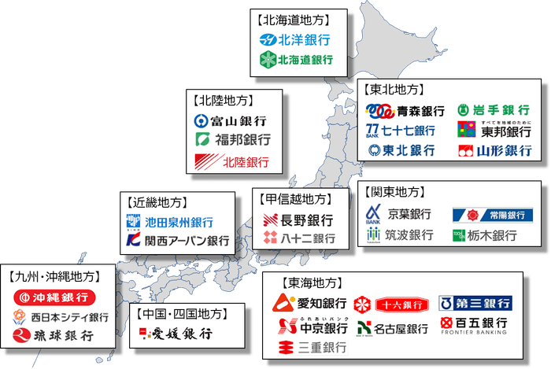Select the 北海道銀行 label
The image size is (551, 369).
(x=305, y=59)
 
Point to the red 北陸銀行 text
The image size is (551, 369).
(x=245, y=163)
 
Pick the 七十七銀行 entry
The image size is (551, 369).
(x=409, y=131)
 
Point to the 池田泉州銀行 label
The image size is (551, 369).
(x=179, y=223)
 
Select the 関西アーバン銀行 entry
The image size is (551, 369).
(x=187, y=240)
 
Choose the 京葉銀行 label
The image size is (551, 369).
(x=409, y=215)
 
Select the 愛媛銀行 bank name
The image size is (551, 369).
(x=182, y=334)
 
